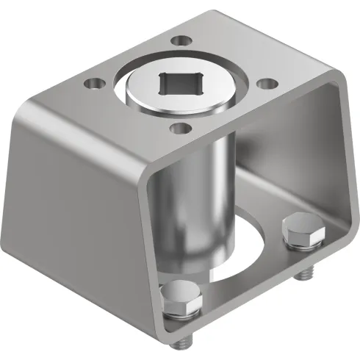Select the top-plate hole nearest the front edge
pyautogui.click(x=176, y=129)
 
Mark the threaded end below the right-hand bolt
pyautogui.click(x=302, y=274)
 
